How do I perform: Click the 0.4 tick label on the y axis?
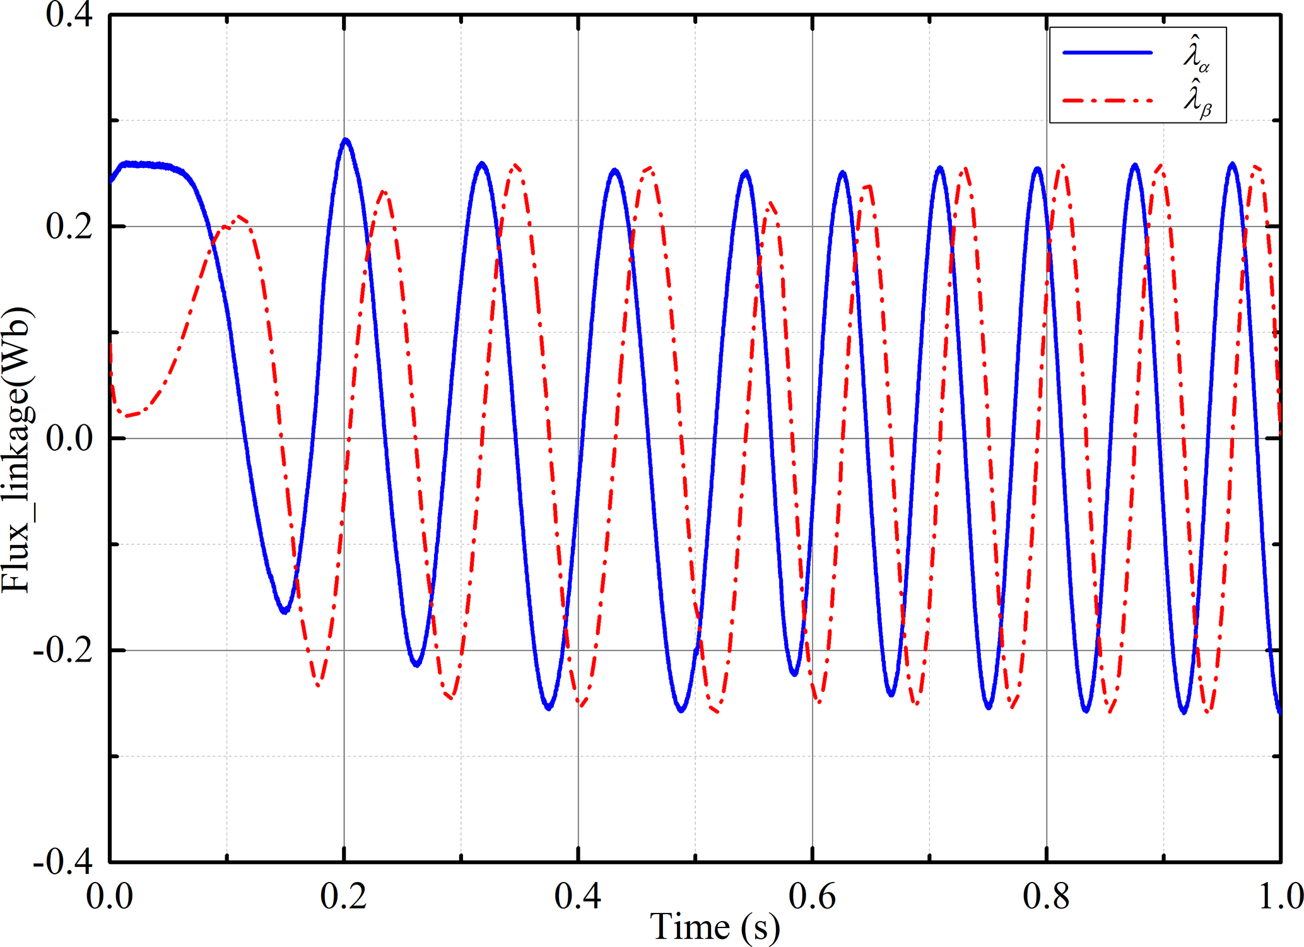(x=69, y=15)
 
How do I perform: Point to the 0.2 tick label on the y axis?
(x=69, y=227)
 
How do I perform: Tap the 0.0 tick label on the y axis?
(x=69, y=438)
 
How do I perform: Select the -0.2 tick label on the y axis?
(x=63, y=650)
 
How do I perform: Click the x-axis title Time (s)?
(x=715, y=927)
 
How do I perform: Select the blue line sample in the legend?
(x=1107, y=52)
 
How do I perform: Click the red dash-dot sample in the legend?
(x=1107, y=100)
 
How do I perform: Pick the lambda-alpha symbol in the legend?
(x=1195, y=56)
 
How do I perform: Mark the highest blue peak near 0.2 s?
(x=345, y=140)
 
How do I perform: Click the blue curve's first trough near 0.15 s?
(x=285, y=610)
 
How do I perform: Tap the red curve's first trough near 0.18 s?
(x=319, y=684)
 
